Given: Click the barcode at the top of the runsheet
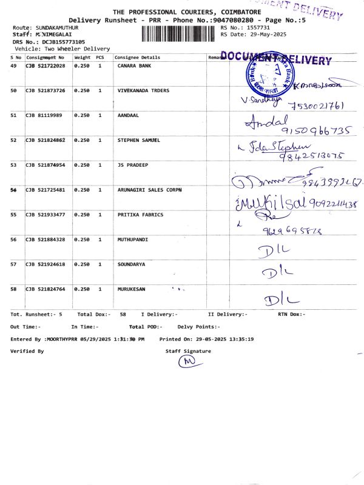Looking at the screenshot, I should pyautogui.click(x=180, y=34).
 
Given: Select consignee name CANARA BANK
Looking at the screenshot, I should pyautogui.click(x=134, y=65).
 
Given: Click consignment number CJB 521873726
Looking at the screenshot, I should pyautogui.click(x=45, y=90).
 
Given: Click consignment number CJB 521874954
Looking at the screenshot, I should pyautogui.click(x=45, y=165).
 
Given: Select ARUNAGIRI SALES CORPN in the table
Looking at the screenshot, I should pyautogui.click(x=149, y=190).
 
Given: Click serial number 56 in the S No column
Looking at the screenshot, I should pyautogui.click(x=13, y=239).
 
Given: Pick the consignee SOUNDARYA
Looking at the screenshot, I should pyautogui.click(x=131, y=264).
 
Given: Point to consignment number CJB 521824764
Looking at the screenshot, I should pyautogui.click(x=45, y=289).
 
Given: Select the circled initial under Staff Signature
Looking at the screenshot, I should pyautogui.click(x=187, y=362).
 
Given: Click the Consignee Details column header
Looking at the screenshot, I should pyautogui.click(x=137, y=57).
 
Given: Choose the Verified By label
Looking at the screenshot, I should pyautogui.click(x=27, y=351).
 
